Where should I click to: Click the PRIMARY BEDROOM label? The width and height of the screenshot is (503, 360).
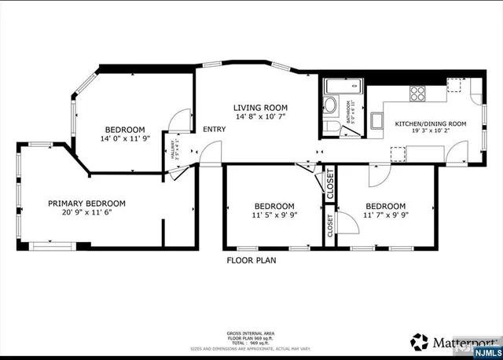pos(86,203)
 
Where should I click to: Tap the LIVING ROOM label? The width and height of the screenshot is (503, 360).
pos(260,108)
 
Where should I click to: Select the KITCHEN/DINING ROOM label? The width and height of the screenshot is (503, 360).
pos(430,124)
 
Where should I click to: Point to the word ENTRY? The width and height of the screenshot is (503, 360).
pos(214,130)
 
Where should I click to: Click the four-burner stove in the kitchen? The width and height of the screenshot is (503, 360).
pos(417,93)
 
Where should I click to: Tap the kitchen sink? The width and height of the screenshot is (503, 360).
pos(378,120)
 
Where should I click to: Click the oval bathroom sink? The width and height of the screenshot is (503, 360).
pos(331,105)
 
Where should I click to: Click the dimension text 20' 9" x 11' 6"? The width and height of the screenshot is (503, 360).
pos(86,212)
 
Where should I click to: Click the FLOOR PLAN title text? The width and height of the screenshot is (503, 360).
pos(251,259)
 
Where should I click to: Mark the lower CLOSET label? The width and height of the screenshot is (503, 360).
pos(330,226)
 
